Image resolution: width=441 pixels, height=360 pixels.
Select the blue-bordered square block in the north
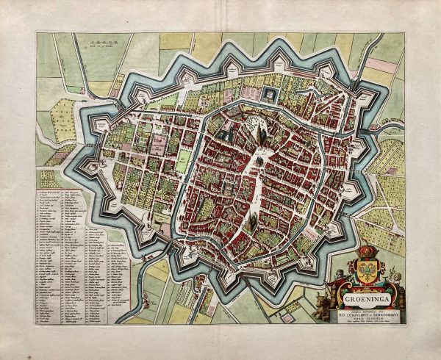270,95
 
